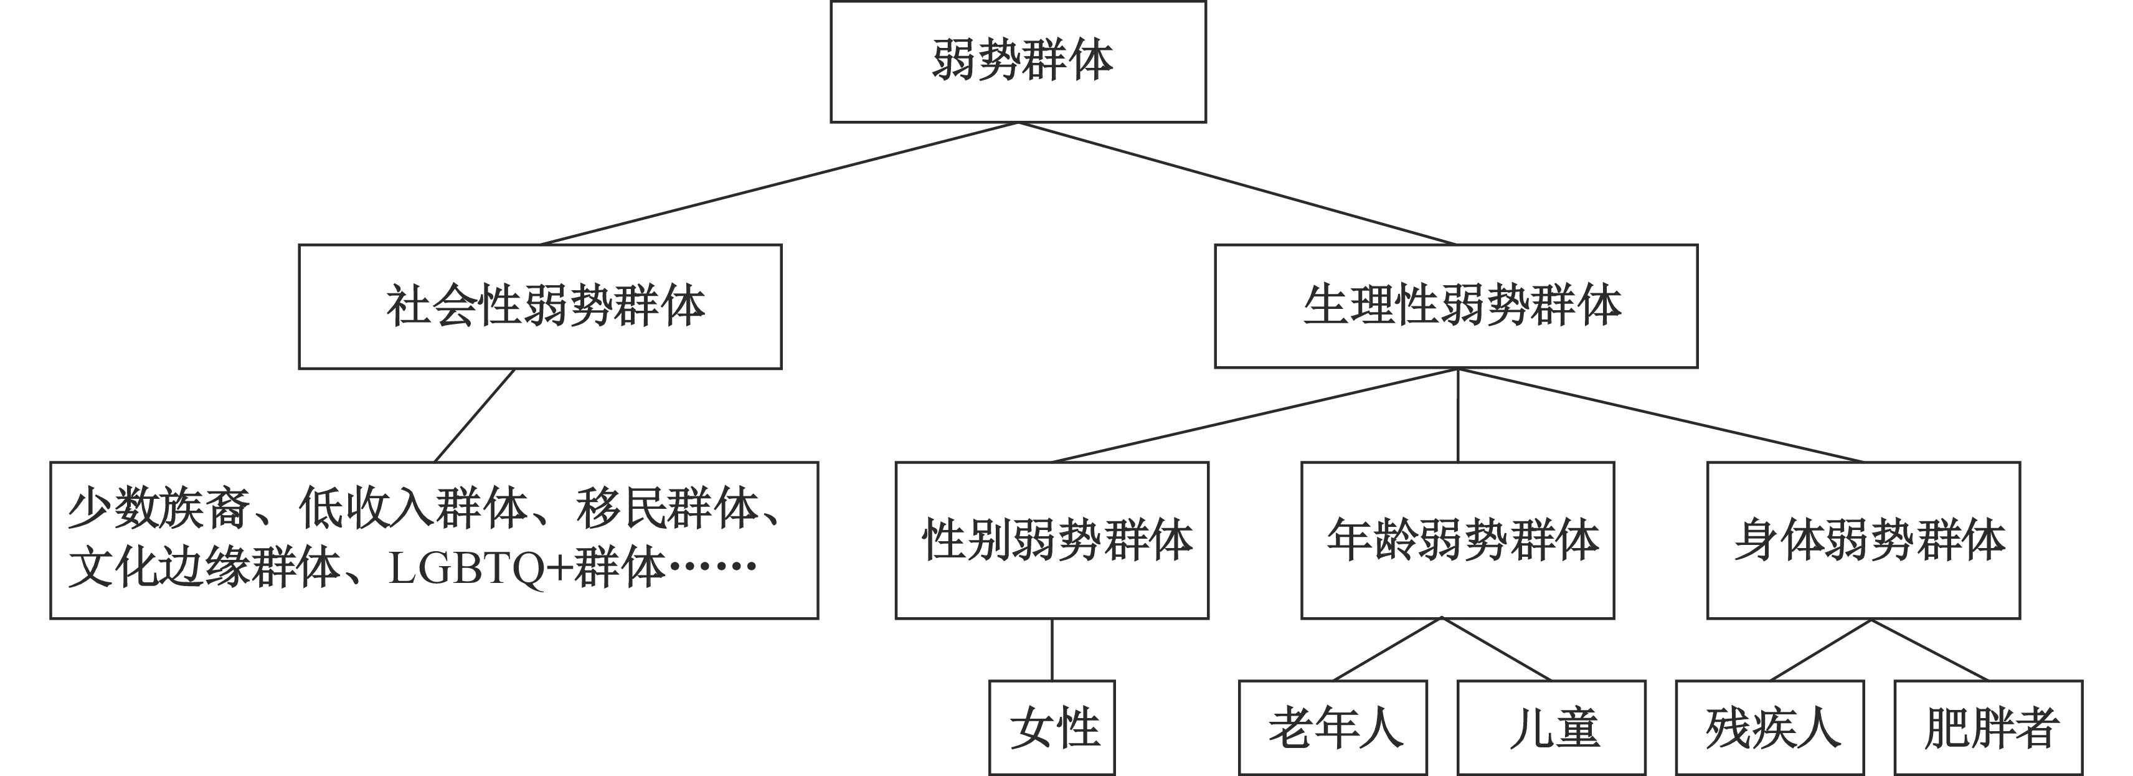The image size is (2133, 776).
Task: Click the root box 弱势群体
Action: (1018, 61)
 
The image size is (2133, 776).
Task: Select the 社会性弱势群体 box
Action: (540, 306)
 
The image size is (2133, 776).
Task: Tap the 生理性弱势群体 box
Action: (1455, 306)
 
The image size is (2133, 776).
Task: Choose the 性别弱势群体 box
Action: (1052, 539)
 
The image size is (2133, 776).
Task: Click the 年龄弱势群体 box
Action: (1457, 539)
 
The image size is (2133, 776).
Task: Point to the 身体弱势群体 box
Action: (1863, 539)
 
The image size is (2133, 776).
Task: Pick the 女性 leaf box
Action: (1052, 727)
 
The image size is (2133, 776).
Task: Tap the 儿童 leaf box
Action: (1551, 727)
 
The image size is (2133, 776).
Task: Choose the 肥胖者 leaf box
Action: (1988, 727)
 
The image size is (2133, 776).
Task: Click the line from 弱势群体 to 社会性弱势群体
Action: (778, 183)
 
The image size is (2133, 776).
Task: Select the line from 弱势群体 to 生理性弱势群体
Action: (1237, 183)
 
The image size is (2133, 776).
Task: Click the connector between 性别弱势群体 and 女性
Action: (1052, 650)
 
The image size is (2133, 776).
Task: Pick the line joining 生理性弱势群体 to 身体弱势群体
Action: (1660, 415)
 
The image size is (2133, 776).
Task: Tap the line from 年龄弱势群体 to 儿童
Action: (1495, 648)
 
